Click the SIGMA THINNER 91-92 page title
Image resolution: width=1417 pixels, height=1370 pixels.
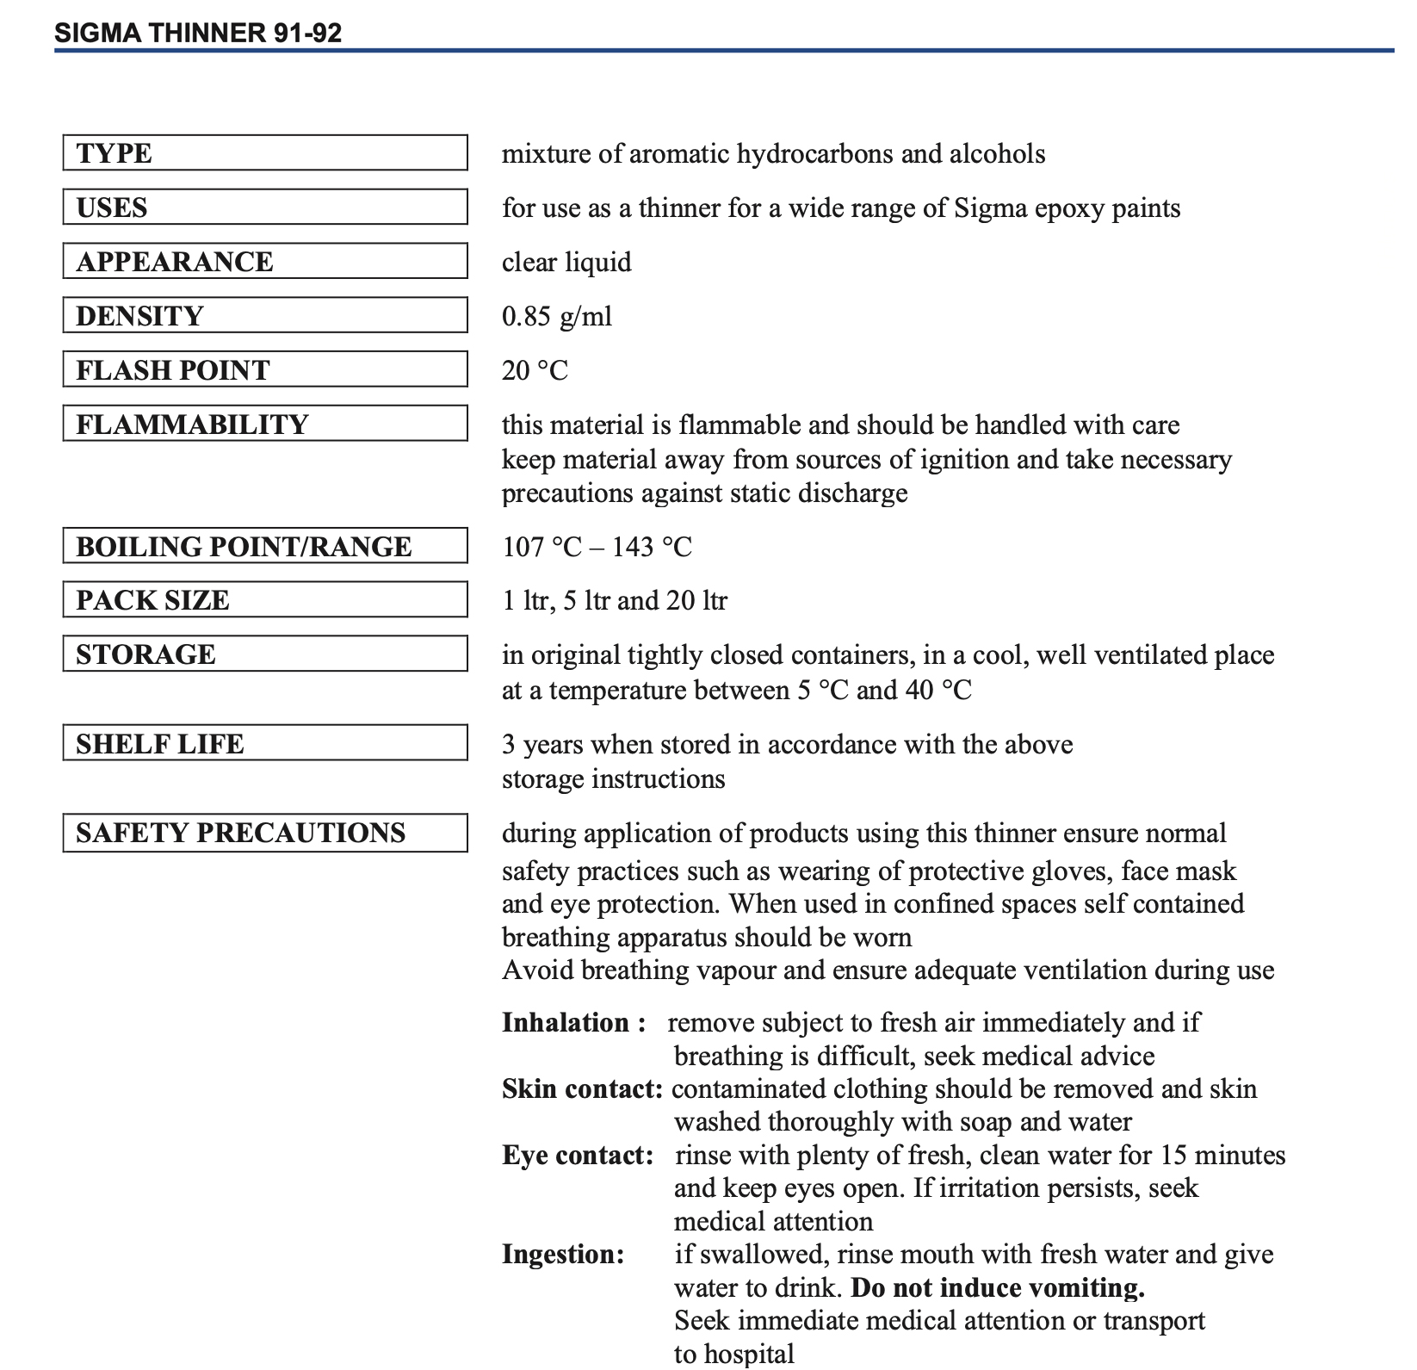(x=198, y=33)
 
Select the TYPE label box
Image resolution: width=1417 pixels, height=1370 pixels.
(x=265, y=153)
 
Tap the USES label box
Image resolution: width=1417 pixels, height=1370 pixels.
(x=265, y=208)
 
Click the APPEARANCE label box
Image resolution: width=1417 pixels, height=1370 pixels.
(x=265, y=262)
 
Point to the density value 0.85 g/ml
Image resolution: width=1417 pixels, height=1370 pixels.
(x=557, y=316)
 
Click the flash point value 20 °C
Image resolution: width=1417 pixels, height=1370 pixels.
(x=535, y=370)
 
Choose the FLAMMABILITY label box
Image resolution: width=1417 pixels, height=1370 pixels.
(x=265, y=424)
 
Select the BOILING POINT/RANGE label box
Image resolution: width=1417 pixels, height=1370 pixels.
(x=265, y=546)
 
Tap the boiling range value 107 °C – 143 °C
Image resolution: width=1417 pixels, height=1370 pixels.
(x=597, y=547)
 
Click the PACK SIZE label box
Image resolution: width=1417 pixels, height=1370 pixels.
(x=265, y=600)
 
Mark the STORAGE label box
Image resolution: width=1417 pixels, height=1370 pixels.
(x=265, y=654)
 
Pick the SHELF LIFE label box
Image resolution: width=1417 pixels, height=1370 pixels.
(x=265, y=743)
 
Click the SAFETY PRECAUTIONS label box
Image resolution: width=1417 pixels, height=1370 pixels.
(x=265, y=833)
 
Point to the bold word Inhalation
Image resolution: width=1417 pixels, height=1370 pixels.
(x=566, y=1023)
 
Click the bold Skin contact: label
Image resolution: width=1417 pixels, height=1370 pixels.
(x=582, y=1089)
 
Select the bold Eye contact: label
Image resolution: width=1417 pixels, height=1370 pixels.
(x=578, y=1156)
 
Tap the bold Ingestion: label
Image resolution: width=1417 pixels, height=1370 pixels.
(x=563, y=1255)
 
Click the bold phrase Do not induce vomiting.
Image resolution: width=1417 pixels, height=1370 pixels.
(x=998, y=1288)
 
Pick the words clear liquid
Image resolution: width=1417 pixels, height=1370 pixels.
(x=566, y=262)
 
